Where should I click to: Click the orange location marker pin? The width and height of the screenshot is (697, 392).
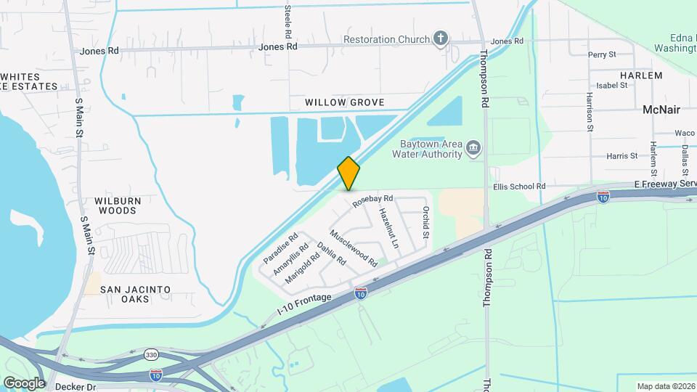pos(348,173)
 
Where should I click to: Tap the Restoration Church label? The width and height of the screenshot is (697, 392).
pos(388,39)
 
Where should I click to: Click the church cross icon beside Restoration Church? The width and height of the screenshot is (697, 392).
pos(441,38)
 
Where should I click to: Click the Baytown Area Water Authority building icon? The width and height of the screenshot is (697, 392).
pos(473,149)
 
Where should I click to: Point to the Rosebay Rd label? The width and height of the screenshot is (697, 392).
pos(372,201)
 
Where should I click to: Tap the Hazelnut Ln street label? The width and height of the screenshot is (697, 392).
pos(388,229)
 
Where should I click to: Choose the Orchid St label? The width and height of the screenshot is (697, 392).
pos(426,224)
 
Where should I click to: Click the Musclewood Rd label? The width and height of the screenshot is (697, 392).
pos(354,248)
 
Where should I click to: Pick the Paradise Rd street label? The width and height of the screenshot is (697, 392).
pos(280,248)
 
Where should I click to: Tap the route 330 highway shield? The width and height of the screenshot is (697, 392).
pos(151,354)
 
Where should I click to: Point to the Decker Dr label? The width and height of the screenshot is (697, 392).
pos(81,387)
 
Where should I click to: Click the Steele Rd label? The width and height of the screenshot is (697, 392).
pos(288,22)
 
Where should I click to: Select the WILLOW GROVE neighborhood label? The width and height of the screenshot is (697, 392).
pos(344,102)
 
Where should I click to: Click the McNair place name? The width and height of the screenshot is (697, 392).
pos(661,110)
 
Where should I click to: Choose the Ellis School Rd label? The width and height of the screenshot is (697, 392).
pos(519,187)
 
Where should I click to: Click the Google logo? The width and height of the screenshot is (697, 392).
pos(24,383)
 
